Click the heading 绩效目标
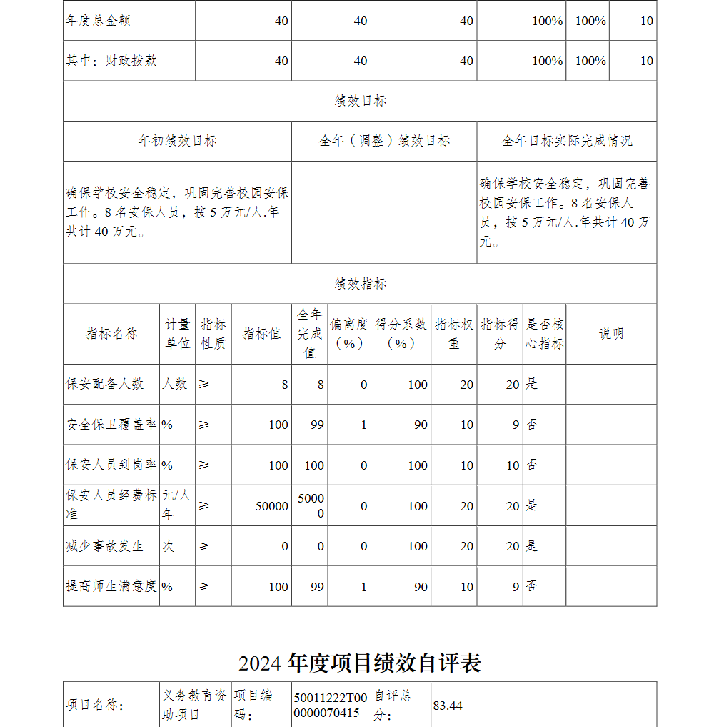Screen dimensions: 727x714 click(360, 101)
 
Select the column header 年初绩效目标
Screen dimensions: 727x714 click(177, 141)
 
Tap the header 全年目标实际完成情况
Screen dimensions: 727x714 click(566, 141)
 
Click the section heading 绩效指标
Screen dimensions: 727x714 click(360, 284)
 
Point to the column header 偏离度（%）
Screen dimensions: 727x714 click(349, 334)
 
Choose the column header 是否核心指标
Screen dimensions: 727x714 click(544, 334)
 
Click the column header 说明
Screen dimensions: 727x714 click(610, 334)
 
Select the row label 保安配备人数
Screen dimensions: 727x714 click(105, 384)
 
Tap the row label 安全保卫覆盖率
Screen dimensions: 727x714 click(111, 425)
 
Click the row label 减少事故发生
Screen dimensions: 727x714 click(105, 546)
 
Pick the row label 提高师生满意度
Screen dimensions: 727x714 click(111, 587)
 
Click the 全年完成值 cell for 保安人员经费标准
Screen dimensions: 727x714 click(311, 506)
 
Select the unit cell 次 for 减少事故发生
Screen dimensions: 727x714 click(168, 546)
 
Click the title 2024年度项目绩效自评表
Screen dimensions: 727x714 click(360, 663)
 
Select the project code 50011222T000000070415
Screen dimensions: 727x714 click(331, 706)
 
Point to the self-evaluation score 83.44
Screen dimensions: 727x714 click(448, 706)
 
